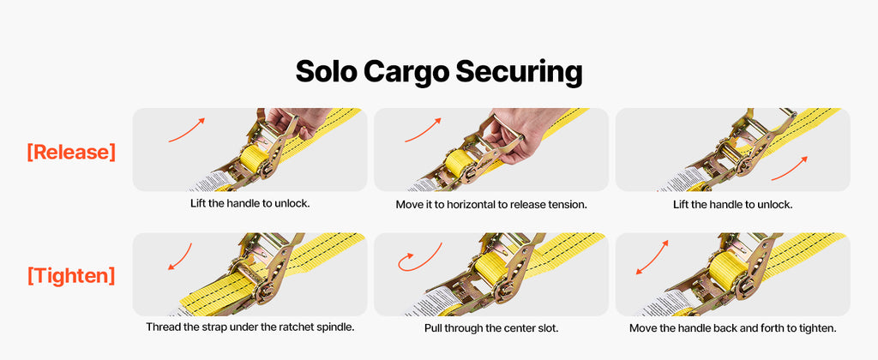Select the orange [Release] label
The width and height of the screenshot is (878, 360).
point(72,152)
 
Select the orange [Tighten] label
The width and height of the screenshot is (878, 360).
point(72,275)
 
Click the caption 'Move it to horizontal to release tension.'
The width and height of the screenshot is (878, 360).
point(491,204)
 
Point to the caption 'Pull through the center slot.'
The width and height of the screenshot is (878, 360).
point(491,328)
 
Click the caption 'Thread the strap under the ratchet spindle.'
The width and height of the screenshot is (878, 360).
point(250,327)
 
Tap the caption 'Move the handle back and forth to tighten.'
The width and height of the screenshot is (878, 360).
point(733,328)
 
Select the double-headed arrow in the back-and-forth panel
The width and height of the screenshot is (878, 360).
point(652,257)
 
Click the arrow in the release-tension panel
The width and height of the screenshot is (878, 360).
point(423,129)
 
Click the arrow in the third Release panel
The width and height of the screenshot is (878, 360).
point(790,169)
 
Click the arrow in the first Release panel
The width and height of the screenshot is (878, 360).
point(187,129)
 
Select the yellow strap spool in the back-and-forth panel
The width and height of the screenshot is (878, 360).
point(727,270)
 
